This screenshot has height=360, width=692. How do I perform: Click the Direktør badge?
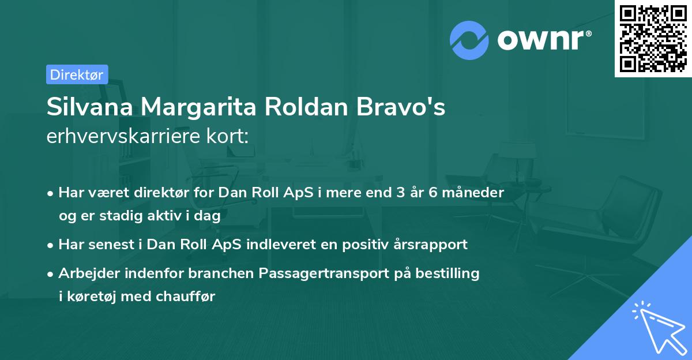[77, 74]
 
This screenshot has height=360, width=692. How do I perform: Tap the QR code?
[653, 39]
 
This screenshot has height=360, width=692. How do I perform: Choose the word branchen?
[192, 273]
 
